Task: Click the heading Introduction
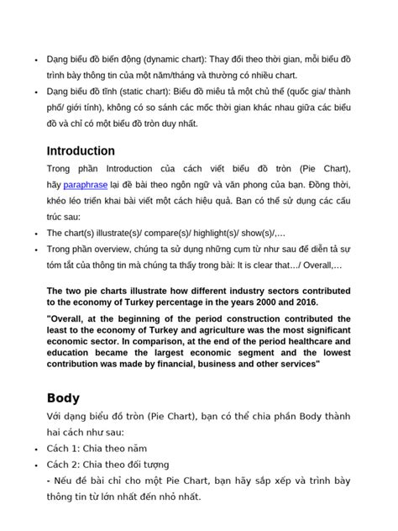pos(81,151)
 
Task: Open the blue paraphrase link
pos(85,184)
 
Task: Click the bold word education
pos(73,354)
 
